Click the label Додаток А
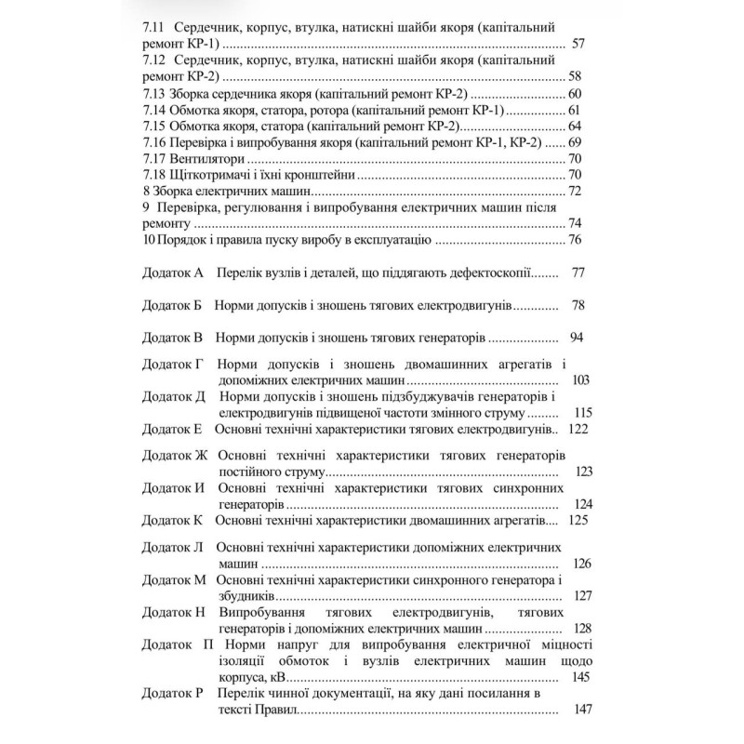pos(172,273)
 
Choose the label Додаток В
pos(172,337)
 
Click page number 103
pos(583,380)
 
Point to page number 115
pos(583,412)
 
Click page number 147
pos(583,710)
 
